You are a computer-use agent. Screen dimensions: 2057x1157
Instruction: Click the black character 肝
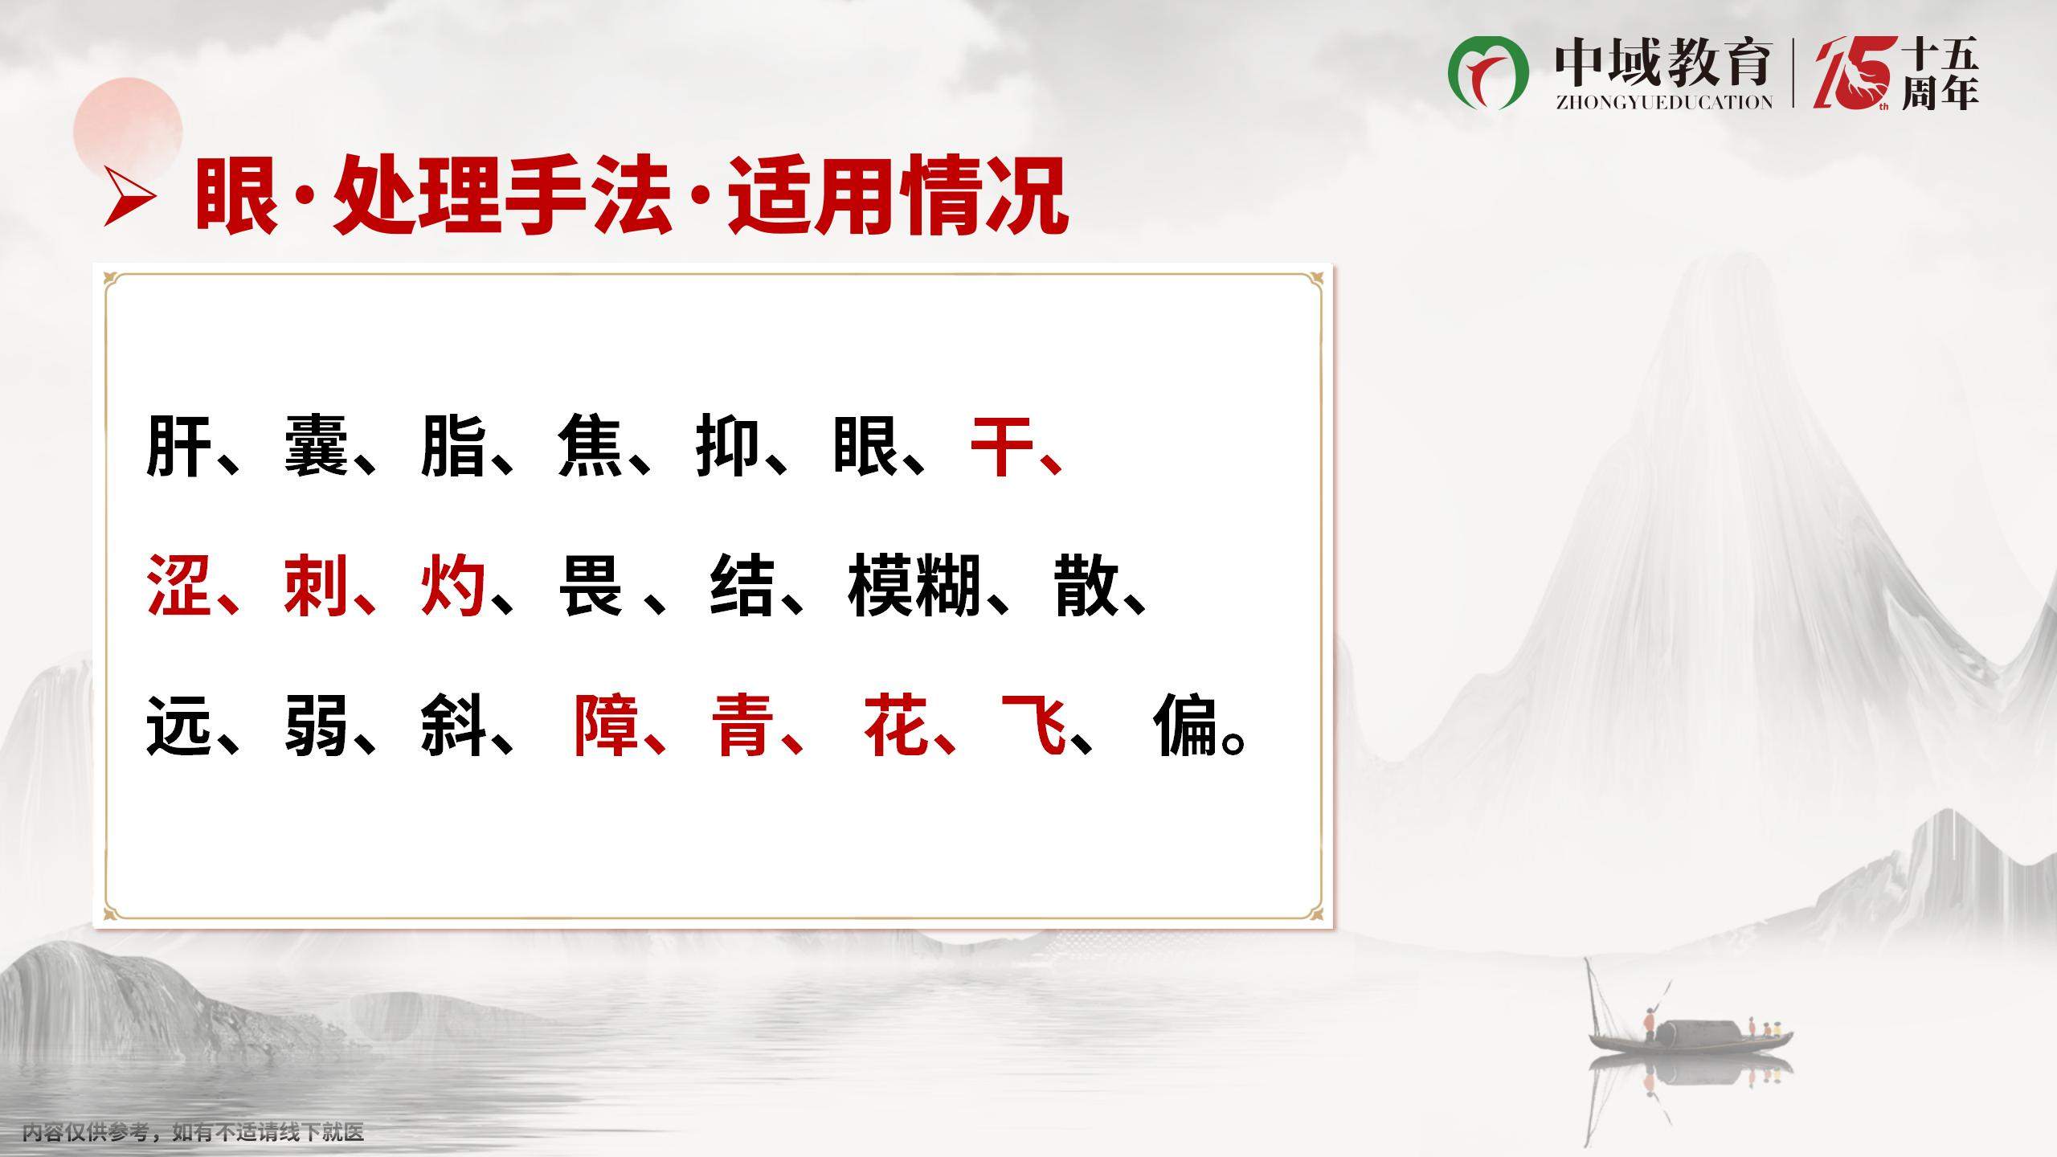pos(179,446)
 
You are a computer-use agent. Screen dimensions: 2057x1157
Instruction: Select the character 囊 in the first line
pos(317,446)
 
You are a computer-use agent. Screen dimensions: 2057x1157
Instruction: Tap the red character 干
pos(1003,446)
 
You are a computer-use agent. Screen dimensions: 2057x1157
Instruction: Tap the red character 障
pos(606,726)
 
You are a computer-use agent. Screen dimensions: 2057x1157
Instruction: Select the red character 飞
pos(1034,726)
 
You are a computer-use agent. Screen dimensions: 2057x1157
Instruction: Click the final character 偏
pos(1186,726)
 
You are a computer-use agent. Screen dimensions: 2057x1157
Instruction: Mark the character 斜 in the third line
pos(453,726)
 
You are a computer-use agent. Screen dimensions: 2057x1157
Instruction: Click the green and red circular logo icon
pos(1488,72)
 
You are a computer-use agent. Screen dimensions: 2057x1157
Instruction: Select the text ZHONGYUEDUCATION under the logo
pos(1664,102)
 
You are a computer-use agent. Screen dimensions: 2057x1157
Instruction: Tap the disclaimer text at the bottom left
pos(194,1133)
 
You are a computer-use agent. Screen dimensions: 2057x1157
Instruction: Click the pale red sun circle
pos(128,131)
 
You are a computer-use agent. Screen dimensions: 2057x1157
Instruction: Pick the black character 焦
pos(591,446)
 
